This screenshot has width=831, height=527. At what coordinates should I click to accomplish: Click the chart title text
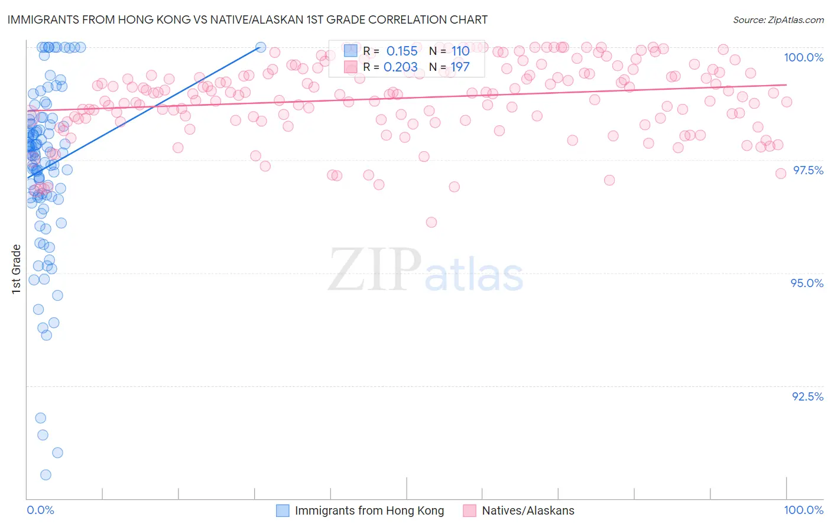[x=248, y=19]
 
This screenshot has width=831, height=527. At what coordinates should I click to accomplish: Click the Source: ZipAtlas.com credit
[x=778, y=19]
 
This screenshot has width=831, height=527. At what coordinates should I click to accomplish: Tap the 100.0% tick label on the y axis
[x=803, y=57]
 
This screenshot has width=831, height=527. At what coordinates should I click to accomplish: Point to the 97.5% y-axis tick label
[x=808, y=170]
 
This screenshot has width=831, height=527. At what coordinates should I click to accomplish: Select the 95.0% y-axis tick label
[x=807, y=283]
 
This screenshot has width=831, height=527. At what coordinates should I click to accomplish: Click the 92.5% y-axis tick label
[x=807, y=396]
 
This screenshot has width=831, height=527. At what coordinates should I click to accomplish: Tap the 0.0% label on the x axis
[x=40, y=510]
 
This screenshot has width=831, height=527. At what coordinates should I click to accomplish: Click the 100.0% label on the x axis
[x=803, y=510]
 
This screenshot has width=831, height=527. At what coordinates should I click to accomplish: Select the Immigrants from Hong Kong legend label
[x=369, y=510]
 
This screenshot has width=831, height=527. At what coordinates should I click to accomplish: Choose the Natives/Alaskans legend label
[x=528, y=510]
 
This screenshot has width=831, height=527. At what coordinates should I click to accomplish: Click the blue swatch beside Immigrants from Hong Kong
[x=283, y=510]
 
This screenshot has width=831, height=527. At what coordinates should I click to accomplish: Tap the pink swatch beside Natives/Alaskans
[x=470, y=510]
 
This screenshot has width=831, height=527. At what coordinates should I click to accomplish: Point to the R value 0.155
[x=402, y=51]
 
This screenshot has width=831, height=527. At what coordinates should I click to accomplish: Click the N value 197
[x=460, y=67]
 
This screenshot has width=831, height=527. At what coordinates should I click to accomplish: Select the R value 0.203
[x=401, y=67]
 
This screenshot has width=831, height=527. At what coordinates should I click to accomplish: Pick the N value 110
[x=460, y=51]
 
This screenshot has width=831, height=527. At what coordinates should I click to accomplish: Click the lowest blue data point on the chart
[x=46, y=475]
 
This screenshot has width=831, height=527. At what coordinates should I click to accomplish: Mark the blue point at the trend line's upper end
[x=260, y=47]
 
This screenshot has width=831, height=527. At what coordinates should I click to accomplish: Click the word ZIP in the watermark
[x=375, y=270]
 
